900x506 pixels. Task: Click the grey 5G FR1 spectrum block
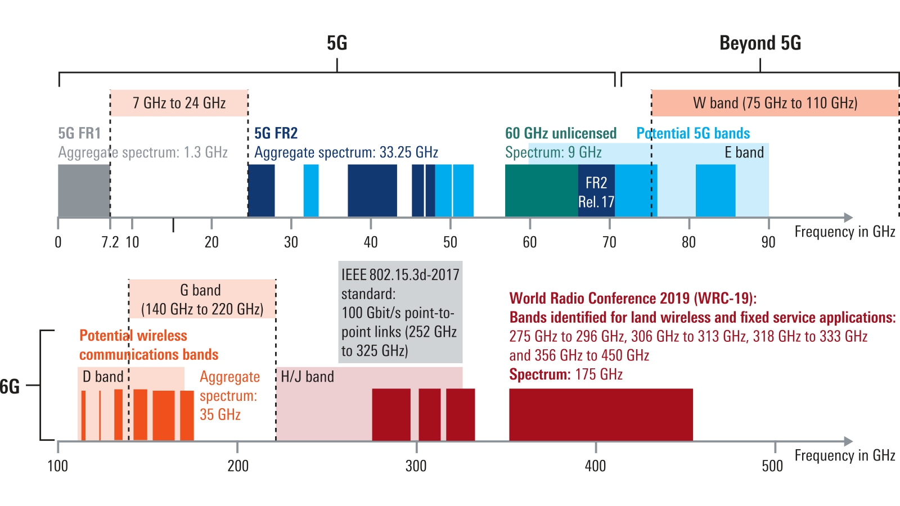(84, 191)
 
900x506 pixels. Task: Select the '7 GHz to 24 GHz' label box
(179, 103)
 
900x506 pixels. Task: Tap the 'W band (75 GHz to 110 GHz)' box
(775, 103)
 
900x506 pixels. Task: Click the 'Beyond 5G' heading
(760, 43)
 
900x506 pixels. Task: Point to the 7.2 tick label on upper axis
(110, 242)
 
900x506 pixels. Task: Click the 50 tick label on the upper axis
(450, 242)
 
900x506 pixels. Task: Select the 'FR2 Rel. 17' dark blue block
(596, 192)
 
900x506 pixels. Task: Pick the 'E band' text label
(744, 152)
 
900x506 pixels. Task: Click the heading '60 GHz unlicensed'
(560, 133)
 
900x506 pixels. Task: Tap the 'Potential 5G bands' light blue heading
(693, 133)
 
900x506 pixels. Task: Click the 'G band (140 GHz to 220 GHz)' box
(202, 299)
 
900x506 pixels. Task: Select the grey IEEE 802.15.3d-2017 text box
(400, 312)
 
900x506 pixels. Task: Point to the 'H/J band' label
(307, 377)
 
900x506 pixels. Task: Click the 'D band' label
(102, 377)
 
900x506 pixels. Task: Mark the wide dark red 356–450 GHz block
(601, 414)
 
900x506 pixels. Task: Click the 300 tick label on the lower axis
(416, 466)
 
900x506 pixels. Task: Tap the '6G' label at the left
(10, 386)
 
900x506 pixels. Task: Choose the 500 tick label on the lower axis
(772, 466)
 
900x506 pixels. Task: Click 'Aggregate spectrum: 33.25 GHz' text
(346, 152)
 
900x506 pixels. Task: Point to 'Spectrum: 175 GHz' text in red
(566, 374)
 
